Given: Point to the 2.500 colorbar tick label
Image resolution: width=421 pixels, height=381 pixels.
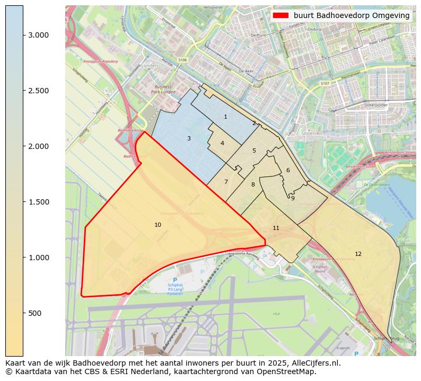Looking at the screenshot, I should (38, 91).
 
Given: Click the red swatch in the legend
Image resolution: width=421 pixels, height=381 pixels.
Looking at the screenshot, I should (280, 15).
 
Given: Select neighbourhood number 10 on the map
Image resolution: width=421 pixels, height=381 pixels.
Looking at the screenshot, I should (157, 225).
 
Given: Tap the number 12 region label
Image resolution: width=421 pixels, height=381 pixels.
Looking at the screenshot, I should (358, 254).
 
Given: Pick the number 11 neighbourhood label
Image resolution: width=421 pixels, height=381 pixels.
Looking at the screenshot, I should (276, 228).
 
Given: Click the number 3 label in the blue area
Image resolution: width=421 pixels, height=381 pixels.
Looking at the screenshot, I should (189, 138).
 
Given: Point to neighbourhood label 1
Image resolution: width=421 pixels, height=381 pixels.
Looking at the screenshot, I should (225, 117).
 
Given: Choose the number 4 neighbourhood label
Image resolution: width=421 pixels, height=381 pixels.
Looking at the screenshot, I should (222, 143).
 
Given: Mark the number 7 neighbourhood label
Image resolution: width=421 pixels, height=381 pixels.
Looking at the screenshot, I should (226, 182).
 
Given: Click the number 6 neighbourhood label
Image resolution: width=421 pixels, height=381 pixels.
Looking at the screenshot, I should (288, 170).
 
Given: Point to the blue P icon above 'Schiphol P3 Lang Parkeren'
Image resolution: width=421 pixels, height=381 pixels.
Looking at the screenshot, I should (175, 280).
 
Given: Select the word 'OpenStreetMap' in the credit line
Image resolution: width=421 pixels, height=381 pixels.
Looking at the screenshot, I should (290, 371).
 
